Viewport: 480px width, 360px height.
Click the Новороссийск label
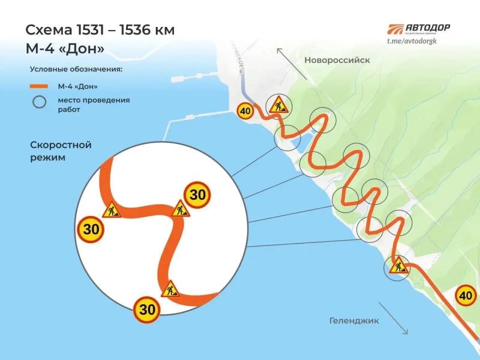coord(337,60)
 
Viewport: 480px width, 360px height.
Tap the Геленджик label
coord(354,320)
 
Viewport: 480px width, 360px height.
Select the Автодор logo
coord(418,29)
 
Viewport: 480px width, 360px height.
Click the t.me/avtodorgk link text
coord(418,40)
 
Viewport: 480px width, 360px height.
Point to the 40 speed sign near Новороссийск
coord(245,110)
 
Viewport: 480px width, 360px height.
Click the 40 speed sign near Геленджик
coord(466,295)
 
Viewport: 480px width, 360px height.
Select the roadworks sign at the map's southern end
coord(397,265)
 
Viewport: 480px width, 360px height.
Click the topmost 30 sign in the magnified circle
coord(197,194)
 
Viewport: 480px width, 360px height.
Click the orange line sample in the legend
coord(39,86)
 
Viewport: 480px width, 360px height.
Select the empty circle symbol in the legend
coord(39,102)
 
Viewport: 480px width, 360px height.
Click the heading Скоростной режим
coord(60,151)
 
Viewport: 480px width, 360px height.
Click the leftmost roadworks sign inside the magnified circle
coord(112,211)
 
